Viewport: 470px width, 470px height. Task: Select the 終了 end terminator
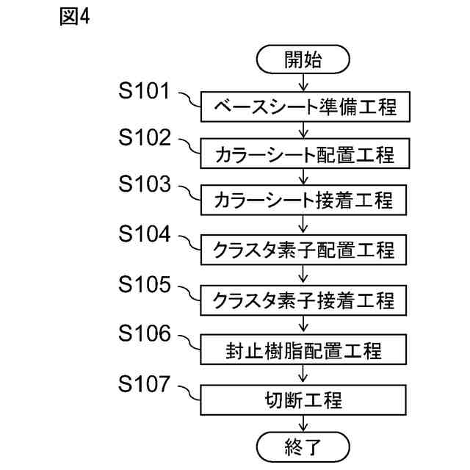pyautogui.click(x=303, y=444)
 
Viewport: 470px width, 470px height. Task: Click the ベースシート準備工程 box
pyautogui.click(x=303, y=107)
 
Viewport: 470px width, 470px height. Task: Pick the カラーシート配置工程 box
pyautogui.click(x=303, y=154)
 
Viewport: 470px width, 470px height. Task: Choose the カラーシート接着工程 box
pyautogui.click(x=303, y=200)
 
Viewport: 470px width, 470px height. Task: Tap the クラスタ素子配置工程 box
pyautogui.click(x=303, y=250)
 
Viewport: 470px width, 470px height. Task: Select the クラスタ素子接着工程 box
pyautogui.click(x=303, y=299)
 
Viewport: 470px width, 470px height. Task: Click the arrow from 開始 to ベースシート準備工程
pyautogui.click(x=303, y=84)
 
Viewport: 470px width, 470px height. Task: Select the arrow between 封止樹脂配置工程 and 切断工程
pyautogui.click(x=303, y=374)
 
